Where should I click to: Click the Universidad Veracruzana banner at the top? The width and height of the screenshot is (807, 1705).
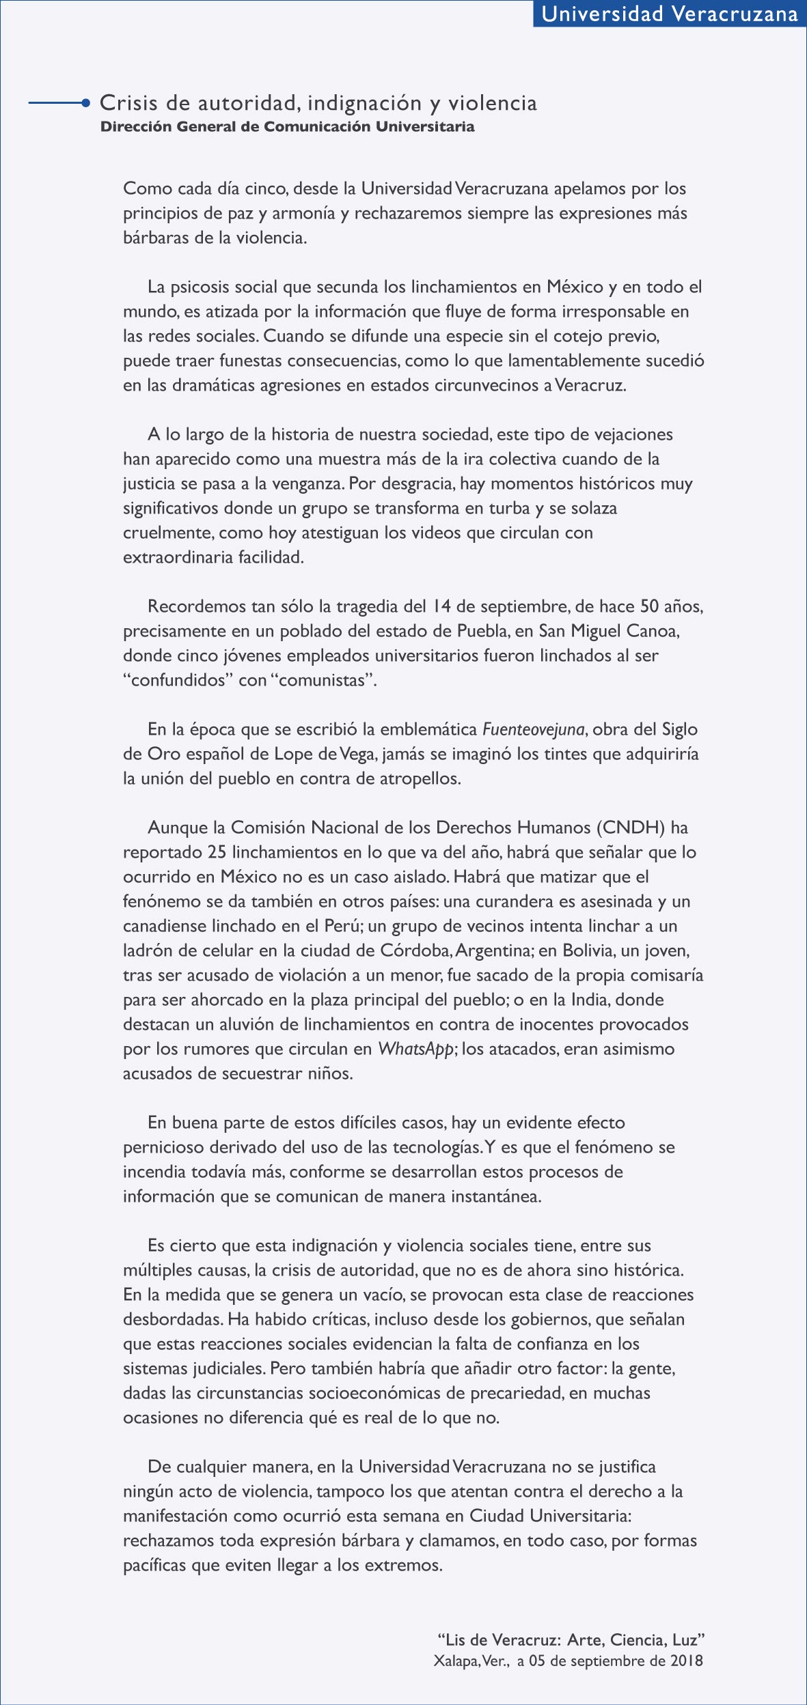click(x=670, y=14)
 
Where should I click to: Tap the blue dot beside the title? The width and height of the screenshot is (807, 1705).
click(x=85, y=103)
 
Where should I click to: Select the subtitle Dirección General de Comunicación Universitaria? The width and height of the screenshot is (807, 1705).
click(x=287, y=127)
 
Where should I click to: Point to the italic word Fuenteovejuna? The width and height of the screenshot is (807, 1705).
click(x=533, y=730)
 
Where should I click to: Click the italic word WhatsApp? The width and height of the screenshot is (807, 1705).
click(x=415, y=1049)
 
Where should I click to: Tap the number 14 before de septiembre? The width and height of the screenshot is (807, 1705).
click(x=441, y=606)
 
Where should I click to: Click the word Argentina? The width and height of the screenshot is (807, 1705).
click(x=494, y=950)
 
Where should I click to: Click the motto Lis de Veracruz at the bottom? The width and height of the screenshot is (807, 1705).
click(x=571, y=1640)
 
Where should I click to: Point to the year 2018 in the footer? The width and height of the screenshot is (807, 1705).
click(x=686, y=1661)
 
